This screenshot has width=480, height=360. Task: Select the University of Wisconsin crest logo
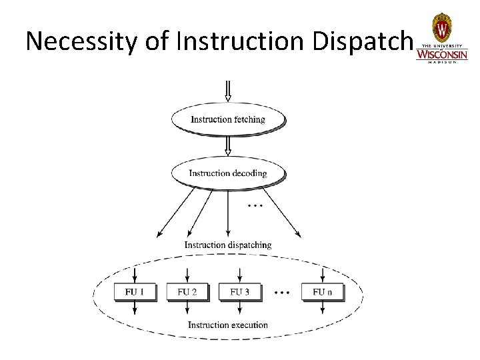(442, 29)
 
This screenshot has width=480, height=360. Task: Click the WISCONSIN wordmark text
(442, 55)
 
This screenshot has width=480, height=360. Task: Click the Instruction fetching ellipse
(228, 120)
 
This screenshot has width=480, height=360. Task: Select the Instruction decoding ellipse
(228, 173)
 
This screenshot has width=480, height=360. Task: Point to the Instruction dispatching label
(228, 245)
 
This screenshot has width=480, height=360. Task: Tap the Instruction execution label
(228, 325)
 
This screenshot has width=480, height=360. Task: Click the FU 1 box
(135, 292)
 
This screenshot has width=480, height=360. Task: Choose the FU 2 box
(187, 292)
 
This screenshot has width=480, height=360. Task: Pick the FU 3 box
(240, 292)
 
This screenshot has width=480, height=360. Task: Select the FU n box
(322, 292)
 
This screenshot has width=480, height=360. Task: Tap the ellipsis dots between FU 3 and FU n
(282, 293)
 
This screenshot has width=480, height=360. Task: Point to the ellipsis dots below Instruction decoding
(255, 206)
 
